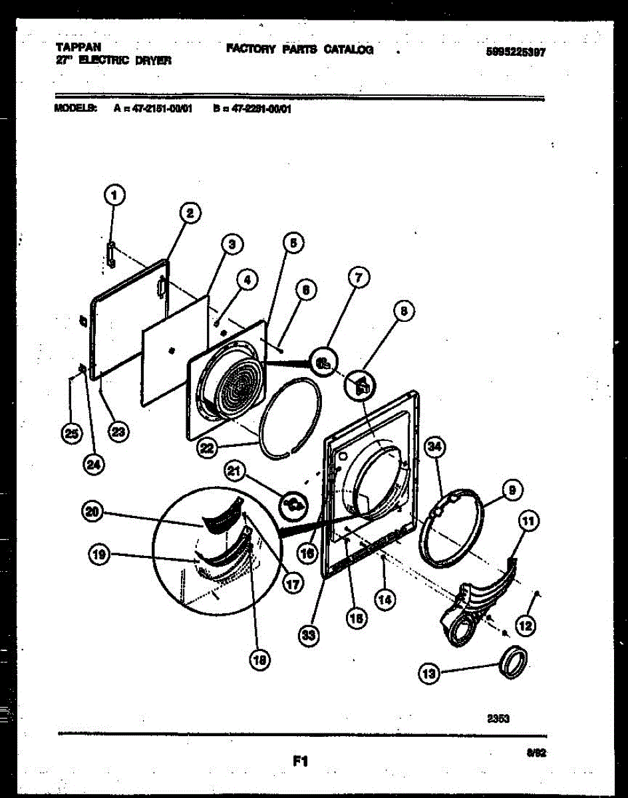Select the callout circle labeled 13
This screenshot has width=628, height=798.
coord(429,674)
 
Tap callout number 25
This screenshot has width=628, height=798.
coord(70,434)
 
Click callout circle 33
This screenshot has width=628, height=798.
coord(307,636)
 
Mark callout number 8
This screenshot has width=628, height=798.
coord(403,310)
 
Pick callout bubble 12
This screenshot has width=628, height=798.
coord(526,624)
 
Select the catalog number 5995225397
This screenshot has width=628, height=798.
coord(516,52)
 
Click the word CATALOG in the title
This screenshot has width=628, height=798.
coord(348,49)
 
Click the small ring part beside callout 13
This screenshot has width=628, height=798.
coord(514,663)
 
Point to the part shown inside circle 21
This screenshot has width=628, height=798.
coord(293,506)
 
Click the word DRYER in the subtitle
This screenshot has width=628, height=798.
coord(155,60)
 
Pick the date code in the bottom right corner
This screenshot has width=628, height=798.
coord(532,753)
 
